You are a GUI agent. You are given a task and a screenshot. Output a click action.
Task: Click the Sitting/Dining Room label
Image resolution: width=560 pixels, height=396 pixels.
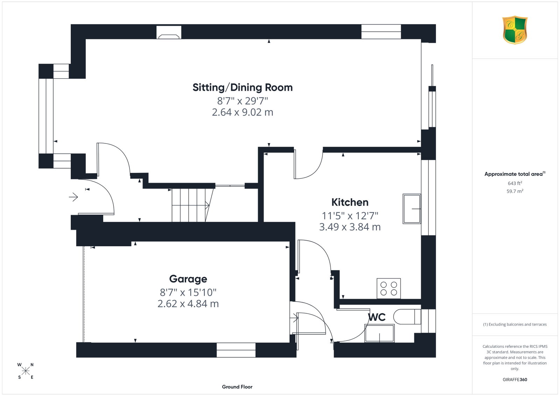click(x=242, y=87)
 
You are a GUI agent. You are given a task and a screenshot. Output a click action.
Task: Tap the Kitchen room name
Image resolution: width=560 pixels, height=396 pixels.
click(x=350, y=202)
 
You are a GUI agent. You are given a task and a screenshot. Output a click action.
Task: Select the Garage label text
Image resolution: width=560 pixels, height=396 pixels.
click(x=188, y=279)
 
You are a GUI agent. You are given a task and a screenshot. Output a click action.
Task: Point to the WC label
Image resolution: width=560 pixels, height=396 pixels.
click(x=377, y=317)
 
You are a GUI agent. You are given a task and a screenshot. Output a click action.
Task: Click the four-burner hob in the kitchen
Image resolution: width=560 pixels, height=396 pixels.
click(x=388, y=288)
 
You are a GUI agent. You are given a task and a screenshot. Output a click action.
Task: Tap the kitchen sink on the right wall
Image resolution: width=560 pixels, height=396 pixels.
click(x=412, y=208)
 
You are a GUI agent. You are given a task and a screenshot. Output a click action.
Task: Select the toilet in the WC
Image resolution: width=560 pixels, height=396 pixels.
click(x=407, y=317)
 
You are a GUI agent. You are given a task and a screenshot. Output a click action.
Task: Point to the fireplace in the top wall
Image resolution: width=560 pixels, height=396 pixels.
click(x=169, y=32)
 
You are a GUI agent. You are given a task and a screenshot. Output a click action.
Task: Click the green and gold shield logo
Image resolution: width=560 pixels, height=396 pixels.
click(x=515, y=30)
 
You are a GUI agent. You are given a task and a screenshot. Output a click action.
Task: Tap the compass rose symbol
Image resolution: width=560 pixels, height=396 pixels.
click(x=26, y=371)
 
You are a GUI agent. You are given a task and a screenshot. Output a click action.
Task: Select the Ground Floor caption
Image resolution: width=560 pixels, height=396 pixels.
click(x=237, y=387)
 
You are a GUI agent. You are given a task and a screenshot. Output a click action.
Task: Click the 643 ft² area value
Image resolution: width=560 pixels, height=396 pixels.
click(x=515, y=183)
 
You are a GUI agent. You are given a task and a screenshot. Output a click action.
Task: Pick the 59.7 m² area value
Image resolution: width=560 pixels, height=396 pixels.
click(x=515, y=191)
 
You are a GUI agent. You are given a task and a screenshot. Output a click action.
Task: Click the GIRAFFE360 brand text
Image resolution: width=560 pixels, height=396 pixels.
click(x=515, y=380)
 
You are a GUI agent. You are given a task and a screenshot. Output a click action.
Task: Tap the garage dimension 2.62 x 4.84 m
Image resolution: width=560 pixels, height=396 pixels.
click(x=188, y=304)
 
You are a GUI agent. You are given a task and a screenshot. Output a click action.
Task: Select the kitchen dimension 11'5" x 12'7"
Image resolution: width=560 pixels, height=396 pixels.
click(x=350, y=215)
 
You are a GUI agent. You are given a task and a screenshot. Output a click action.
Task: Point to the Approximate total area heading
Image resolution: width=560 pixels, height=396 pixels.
click(x=515, y=174)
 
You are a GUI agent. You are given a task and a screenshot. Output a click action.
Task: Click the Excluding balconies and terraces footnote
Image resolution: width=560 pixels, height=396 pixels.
click(x=515, y=324)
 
